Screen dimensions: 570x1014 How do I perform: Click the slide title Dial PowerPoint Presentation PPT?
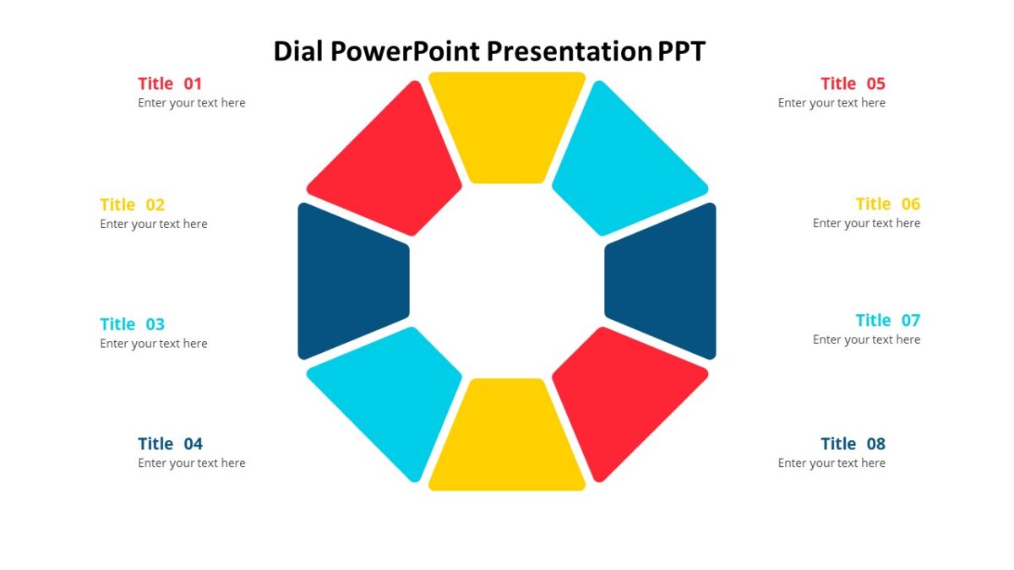pos(489,52)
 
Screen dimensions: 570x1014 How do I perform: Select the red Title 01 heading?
pos(170,84)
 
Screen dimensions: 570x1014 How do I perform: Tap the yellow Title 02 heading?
pos(132,204)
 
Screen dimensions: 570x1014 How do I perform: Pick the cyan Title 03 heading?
pos(132,324)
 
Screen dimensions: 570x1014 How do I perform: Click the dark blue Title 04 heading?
pos(170,444)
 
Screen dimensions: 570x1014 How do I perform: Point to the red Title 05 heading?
pos(853,84)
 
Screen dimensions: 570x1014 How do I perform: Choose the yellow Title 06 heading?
pos(887,204)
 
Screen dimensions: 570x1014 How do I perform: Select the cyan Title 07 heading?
pos(887,321)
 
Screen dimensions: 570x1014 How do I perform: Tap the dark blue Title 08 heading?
pos(853,444)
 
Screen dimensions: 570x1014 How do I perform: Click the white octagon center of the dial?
pos(507,281)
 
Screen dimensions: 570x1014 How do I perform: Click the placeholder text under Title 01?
pos(192,103)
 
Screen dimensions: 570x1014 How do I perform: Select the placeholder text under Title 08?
pos(831,463)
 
